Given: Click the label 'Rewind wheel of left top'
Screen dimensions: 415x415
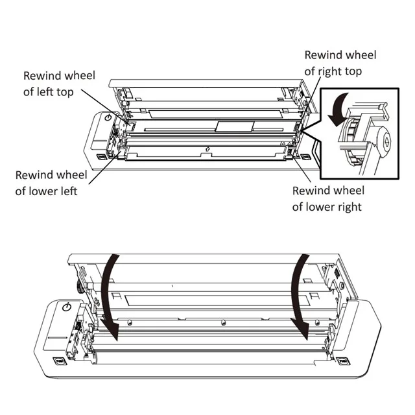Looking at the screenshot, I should (x=59, y=84).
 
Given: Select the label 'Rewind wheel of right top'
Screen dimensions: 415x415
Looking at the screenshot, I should (x=340, y=64).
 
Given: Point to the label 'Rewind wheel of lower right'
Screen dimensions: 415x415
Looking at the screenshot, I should (x=327, y=198).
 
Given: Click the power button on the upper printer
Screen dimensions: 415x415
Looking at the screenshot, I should (x=108, y=118).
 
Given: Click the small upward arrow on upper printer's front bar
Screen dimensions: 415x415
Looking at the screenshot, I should (x=207, y=151).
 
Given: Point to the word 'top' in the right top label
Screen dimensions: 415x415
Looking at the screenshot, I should (x=353, y=71).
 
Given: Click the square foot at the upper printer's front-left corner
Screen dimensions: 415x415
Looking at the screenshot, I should (x=101, y=156).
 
